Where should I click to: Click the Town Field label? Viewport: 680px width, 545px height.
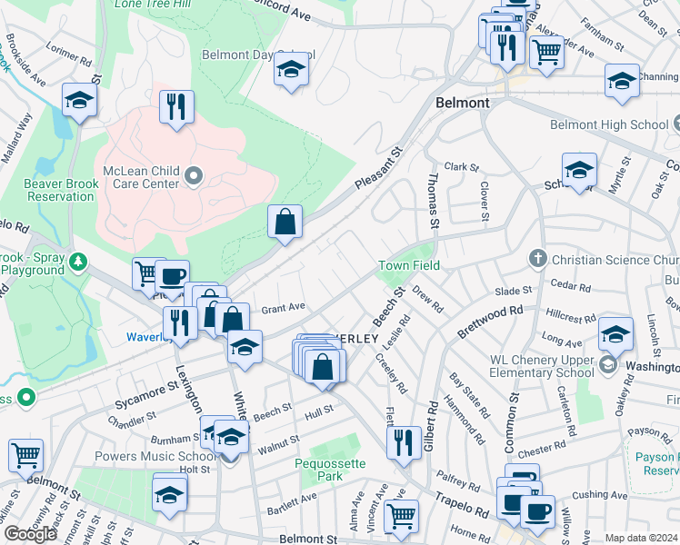(409, 265)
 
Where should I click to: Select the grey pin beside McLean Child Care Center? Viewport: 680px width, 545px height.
(193, 175)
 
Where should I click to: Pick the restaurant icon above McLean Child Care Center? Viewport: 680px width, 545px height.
(175, 106)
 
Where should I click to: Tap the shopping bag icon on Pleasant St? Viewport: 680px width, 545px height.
(285, 221)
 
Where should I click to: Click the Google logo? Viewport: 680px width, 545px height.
(30, 534)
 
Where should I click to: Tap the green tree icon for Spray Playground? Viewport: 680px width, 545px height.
(79, 263)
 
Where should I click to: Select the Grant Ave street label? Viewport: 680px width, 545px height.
(284, 308)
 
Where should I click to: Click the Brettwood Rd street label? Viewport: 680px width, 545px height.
(490, 321)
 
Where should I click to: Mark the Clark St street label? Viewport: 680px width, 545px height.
(461, 167)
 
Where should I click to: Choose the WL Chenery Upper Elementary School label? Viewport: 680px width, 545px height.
(543, 365)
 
